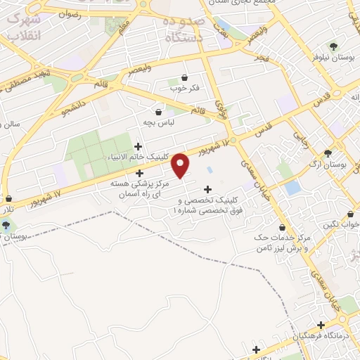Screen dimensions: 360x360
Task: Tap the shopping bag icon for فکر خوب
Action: tap(185, 77)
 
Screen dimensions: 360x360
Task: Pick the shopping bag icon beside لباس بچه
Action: tap(158, 111)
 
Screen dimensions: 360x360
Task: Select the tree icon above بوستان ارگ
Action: tap(328, 153)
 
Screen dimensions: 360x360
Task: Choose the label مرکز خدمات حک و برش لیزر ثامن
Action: tap(281, 244)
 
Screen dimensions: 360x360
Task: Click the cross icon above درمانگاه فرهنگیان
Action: tap(321, 326)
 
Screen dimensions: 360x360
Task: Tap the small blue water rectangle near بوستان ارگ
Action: tap(292, 188)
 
